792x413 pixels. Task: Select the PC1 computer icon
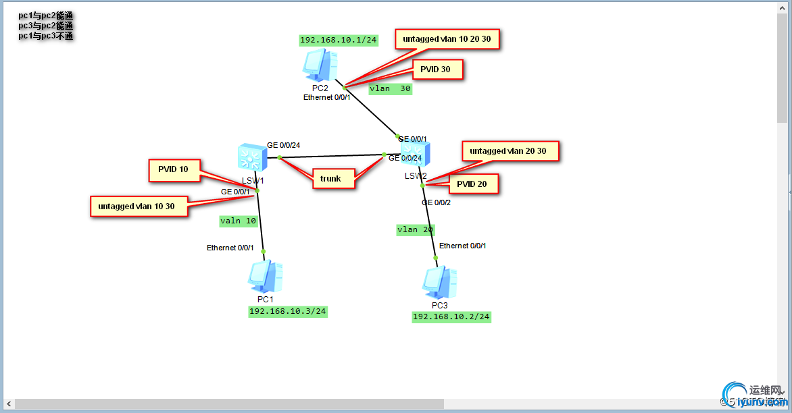tap(265, 277)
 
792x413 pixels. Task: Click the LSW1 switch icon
tap(251, 157)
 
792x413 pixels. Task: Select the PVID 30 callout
tap(437, 70)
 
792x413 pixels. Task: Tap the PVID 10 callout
tap(174, 170)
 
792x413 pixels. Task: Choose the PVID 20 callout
tap(474, 184)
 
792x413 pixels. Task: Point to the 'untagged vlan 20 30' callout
tap(510, 151)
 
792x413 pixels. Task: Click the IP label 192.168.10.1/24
tap(338, 40)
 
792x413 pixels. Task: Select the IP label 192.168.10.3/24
tap(288, 311)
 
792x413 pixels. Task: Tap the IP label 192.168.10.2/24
tap(451, 317)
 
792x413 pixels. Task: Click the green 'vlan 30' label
tap(390, 88)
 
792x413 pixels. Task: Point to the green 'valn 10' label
tap(239, 221)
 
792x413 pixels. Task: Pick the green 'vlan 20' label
tap(415, 229)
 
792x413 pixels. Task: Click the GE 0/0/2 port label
tap(437, 202)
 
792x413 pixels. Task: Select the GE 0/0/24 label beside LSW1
tap(283, 145)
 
